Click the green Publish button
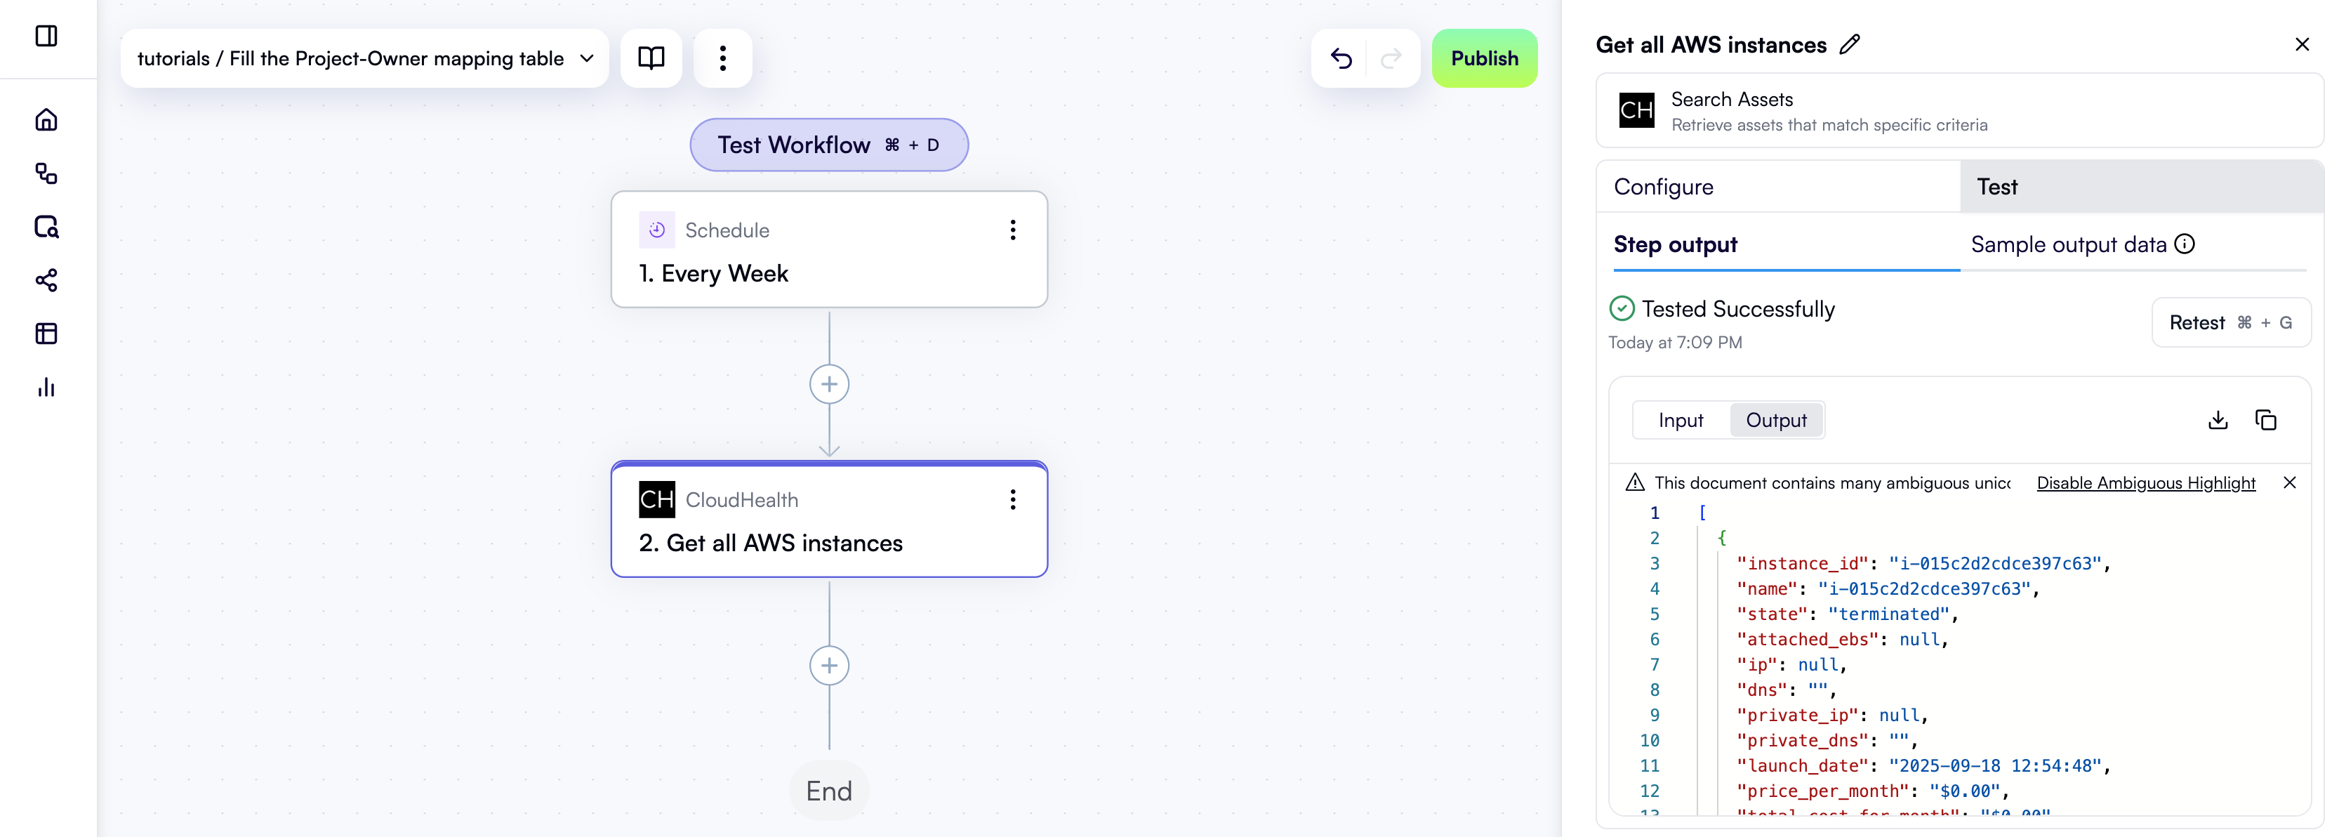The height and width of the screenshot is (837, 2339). click(x=1484, y=58)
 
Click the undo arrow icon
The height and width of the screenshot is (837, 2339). click(x=1340, y=58)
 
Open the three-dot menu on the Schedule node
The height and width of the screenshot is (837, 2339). click(x=1012, y=230)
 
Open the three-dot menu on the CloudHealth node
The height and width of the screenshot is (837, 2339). click(x=1012, y=499)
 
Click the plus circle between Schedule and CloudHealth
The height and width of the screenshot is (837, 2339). click(x=829, y=384)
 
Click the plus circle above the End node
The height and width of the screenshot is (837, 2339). click(x=829, y=666)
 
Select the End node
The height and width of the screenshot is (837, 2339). click(x=829, y=791)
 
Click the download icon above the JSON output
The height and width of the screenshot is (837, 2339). click(x=2218, y=419)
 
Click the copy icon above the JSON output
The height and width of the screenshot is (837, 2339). click(x=2265, y=419)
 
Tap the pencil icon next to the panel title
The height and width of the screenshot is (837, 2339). click(x=1850, y=44)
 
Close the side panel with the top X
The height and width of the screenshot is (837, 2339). click(x=2302, y=44)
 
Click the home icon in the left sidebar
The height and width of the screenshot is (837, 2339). click(x=46, y=120)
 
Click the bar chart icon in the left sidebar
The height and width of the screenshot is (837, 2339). click(x=46, y=388)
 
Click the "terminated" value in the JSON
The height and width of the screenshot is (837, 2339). click(x=1888, y=614)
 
